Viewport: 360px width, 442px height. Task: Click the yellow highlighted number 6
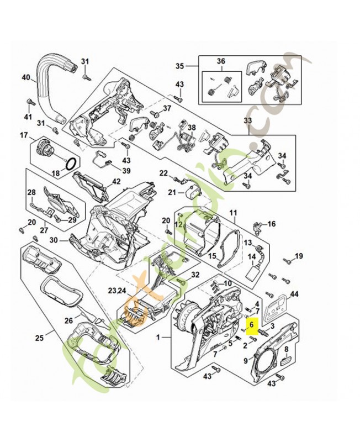pyautogui.click(x=251, y=325)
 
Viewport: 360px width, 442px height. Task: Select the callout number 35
pyautogui.click(x=179, y=66)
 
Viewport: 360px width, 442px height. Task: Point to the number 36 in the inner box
pyautogui.click(x=221, y=61)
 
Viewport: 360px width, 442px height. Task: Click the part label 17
pyautogui.click(x=24, y=135)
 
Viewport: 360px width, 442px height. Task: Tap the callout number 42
pyautogui.click(x=116, y=181)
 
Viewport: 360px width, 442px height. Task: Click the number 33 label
pyautogui.click(x=247, y=120)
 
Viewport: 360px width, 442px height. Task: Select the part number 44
pyautogui.click(x=294, y=295)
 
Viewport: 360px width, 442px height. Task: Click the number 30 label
pyautogui.click(x=54, y=240)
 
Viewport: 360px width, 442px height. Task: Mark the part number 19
pyautogui.click(x=299, y=255)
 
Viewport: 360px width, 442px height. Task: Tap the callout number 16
pyautogui.click(x=271, y=224)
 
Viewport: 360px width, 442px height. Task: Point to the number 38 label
pyautogui.click(x=192, y=127)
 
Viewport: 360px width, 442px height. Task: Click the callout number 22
pyautogui.click(x=163, y=173)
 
